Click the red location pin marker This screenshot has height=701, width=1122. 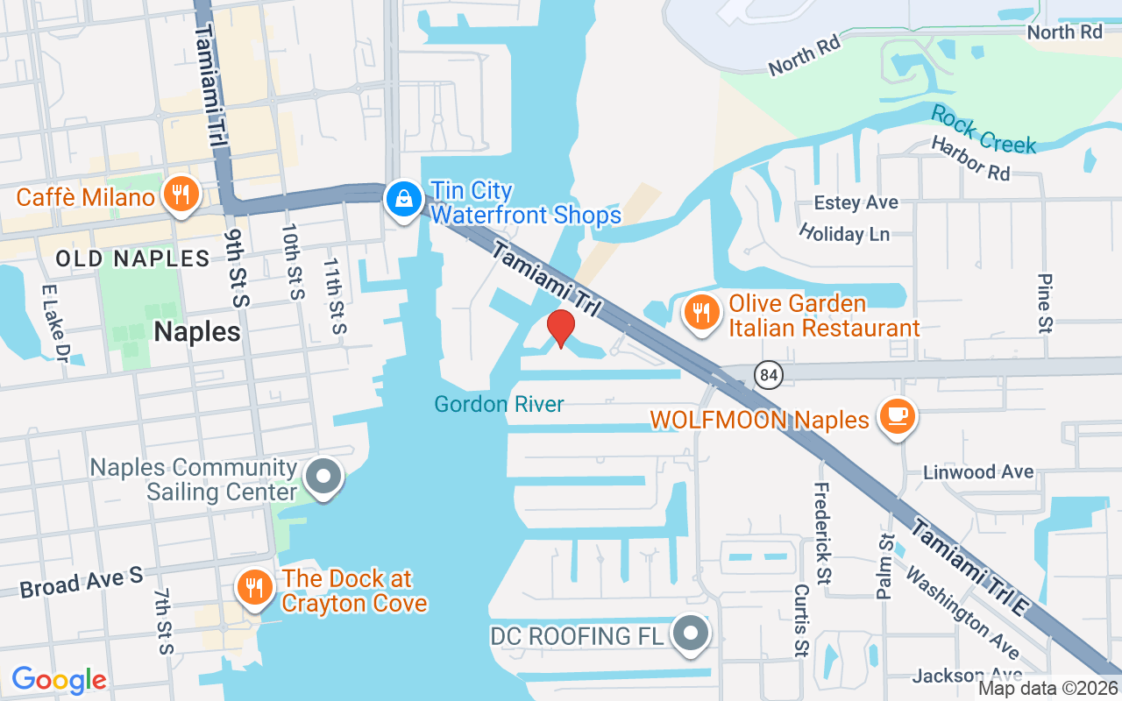pos(561,329)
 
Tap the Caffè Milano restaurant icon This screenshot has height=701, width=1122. pos(181,196)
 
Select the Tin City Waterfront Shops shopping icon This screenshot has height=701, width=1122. pos(403,201)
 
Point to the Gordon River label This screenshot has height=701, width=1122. pos(500,404)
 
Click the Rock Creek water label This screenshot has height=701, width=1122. pos(984,130)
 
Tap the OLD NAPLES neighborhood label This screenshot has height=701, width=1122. pos(132,258)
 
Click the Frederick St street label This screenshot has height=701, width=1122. pos(821,535)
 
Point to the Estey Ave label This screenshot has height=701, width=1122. pos(856,203)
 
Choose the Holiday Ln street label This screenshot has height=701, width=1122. pos(844,233)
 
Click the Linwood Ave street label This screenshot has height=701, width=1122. pos(978,472)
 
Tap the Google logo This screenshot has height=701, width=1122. pos(60,679)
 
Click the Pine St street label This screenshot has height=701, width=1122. pos(1044,302)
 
